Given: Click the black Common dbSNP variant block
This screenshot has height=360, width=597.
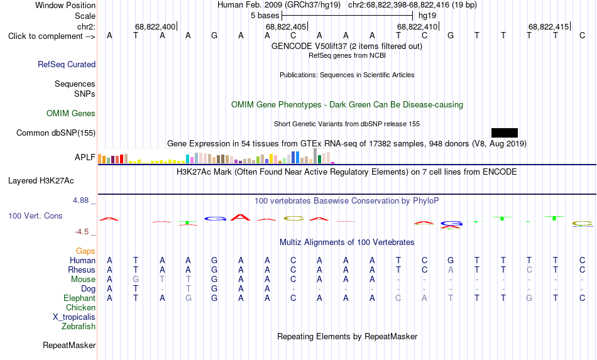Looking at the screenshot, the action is [x=505, y=133].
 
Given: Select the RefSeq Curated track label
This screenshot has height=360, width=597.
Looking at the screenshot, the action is [x=67, y=64].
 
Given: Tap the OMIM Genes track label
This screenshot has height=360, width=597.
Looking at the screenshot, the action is [x=71, y=114].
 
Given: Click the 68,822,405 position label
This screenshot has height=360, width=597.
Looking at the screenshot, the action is [x=286, y=26].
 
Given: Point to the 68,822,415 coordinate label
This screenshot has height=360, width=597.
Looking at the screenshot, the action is [x=549, y=26].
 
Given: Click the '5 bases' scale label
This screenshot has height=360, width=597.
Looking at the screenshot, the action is [x=265, y=16].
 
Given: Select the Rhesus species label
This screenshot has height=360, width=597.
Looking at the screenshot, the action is [x=82, y=270].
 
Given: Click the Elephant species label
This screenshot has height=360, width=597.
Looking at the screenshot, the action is [x=80, y=298].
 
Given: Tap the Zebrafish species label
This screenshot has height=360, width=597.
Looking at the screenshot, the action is [x=79, y=327].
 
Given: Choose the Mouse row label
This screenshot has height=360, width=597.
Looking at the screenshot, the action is [x=83, y=280].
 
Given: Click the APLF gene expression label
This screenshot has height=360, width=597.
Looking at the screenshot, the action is [x=85, y=157].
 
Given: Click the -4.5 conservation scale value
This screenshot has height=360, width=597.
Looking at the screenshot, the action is [x=82, y=232].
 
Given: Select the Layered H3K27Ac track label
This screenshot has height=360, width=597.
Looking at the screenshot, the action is [x=41, y=181].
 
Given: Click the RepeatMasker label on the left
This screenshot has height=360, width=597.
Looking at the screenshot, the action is [x=69, y=345].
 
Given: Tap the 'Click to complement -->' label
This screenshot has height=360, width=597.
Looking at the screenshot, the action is [x=52, y=36].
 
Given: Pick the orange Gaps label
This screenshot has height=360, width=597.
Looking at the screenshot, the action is [x=85, y=251].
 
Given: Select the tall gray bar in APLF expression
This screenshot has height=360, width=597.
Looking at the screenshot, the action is [x=315, y=156].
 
